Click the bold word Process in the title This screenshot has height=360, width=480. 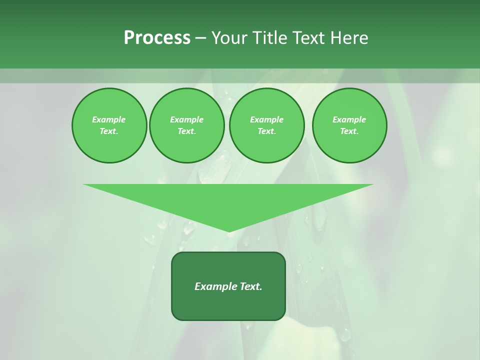click(x=157, y=38)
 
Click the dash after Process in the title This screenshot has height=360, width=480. click(x=200, y=38)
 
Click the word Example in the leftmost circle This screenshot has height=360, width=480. click(x=109, y=119)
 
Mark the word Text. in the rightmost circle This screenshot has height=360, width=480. click(x=349, y=131)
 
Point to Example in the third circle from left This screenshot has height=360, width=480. click(x=266, y=119)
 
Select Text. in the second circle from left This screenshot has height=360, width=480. click(x=186, y=131)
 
